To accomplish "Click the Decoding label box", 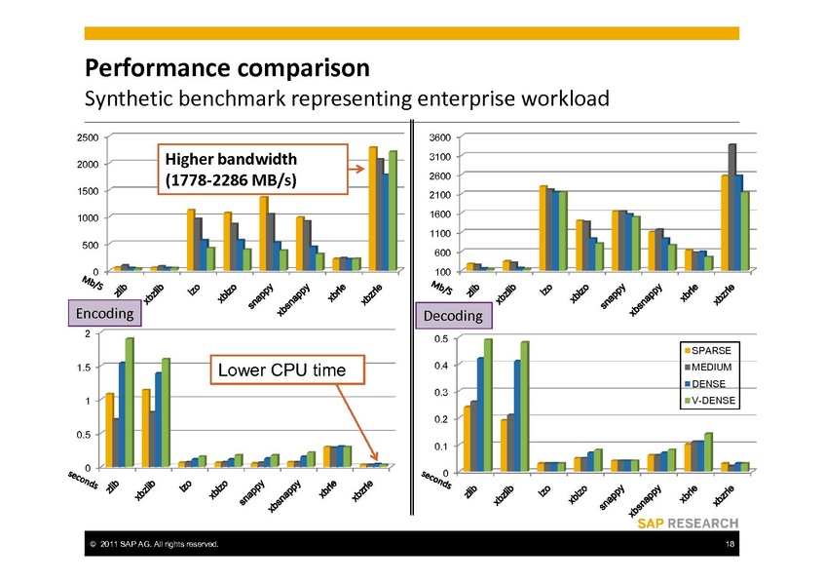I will pos(453,316).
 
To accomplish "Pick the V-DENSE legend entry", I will pos(717,402).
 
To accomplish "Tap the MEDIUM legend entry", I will pos(717,367).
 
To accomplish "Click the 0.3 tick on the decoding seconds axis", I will pos(441,392).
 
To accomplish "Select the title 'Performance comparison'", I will pos(227,69).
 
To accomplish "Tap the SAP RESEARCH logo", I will pos(688,524).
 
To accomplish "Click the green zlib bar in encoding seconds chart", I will pos(129,402).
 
